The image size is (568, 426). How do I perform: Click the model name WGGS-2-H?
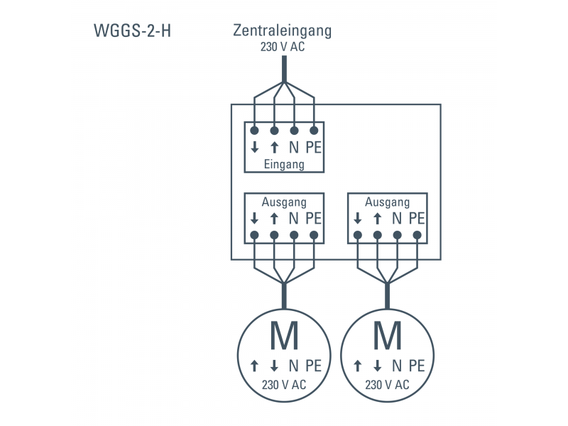(x=131, y=32)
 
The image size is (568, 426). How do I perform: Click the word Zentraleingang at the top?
(x=283, y=31)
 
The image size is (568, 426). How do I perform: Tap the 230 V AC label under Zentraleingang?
(x=283, y=48)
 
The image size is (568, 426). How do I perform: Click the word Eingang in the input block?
(x=284, y=164)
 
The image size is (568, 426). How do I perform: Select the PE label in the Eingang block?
(x=314, y=148)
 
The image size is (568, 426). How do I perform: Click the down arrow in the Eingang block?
(x=254, y=148)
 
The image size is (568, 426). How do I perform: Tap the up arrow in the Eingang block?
(x=274, y=148)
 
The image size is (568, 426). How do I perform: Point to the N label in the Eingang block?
(x=293, y=148)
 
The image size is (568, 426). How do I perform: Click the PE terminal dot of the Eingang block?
(x=314, y=131)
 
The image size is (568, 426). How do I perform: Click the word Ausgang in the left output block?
(x=284, y=202)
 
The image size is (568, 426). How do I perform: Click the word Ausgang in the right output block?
(x=387, y=202)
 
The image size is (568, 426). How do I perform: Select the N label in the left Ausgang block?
(x=293, y=219)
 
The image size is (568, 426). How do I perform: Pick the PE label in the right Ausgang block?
(x=417, y=219)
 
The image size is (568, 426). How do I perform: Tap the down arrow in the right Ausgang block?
(x=358, y=219)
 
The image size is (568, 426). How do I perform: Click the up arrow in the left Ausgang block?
(x=274, y=219)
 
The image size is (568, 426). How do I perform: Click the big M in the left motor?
(x=284, y=337)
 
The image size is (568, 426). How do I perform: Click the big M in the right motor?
(x=387, y=337)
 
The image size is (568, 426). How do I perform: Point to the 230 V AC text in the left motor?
(x=284, y=385)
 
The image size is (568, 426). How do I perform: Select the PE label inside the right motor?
(x=417, y=366)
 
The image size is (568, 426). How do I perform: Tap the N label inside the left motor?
(x=293, y=366)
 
